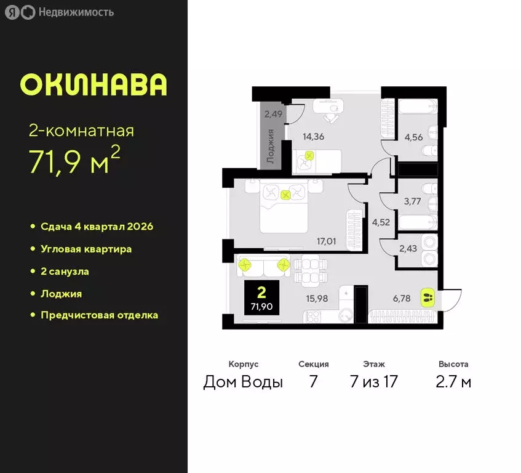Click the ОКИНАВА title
pos(93,85)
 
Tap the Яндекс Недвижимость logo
pos(60,12)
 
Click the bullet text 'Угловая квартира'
pos(86,249)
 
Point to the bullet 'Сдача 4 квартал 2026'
pos(97,227)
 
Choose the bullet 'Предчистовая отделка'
pos(99,315)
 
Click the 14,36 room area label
pos(312,136)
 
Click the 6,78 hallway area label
pos(401,298)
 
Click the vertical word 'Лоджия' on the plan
pos(271,145)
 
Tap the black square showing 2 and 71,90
pos(261,297)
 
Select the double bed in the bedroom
pos(284,206)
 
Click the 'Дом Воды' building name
pos(243,382)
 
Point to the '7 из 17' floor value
pos(373,382)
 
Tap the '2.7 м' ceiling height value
pos(453,382)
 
